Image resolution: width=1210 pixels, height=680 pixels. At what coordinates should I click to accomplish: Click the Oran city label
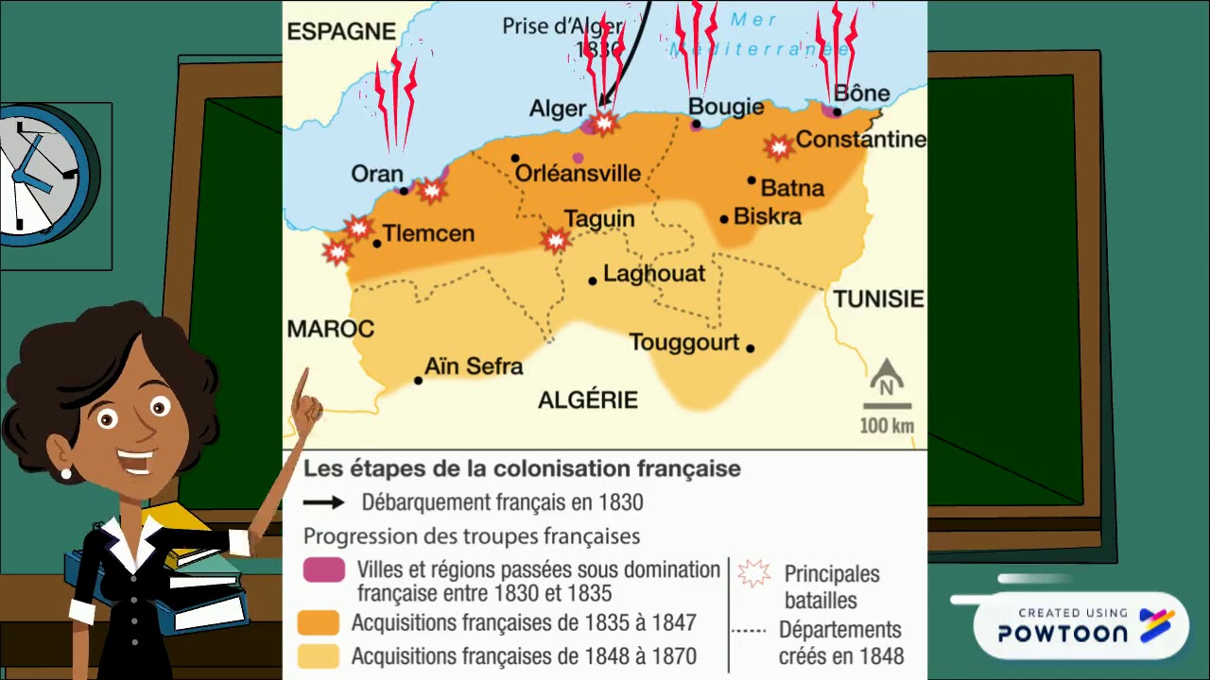376,174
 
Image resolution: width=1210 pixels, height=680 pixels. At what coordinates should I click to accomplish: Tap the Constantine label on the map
860,140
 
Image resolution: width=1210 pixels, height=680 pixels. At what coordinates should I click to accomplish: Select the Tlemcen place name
428,233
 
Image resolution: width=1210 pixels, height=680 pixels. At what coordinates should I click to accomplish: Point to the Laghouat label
654,274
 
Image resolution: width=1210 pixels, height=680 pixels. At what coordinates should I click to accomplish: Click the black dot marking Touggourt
750,348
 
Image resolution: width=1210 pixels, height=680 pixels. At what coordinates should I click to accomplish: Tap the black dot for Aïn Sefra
418,381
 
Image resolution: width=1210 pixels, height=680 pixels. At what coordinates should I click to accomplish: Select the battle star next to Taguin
556,241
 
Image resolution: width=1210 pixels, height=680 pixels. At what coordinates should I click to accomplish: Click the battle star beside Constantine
778,146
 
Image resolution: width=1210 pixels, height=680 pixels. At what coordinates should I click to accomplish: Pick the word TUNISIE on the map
877,299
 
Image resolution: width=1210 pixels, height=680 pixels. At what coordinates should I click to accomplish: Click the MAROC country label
330,329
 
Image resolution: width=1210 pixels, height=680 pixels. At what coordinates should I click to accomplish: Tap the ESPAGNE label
341,31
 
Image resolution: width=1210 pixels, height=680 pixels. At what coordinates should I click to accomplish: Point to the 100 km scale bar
887,406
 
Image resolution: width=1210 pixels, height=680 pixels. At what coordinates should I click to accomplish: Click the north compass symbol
887,380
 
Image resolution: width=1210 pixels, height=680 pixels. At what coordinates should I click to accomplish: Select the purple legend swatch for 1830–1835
323,570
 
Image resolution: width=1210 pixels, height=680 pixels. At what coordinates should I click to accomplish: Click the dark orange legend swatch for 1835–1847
318,623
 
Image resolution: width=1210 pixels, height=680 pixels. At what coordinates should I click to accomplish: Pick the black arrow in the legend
323,503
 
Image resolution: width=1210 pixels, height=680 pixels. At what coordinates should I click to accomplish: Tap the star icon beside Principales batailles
753,572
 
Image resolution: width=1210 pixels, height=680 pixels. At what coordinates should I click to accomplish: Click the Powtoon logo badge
1081,626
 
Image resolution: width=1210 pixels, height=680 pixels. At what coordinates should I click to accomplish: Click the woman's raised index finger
302,388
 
